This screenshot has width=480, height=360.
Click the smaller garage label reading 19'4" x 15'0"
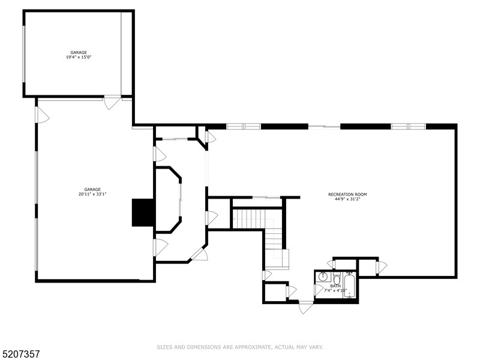click(79, 55)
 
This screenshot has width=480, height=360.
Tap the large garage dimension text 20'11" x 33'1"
click(92, 191)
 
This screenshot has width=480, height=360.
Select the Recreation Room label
click(347, 196)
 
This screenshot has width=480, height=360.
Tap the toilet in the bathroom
click(337, 280)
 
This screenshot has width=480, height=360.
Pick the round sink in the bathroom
click(322, 277)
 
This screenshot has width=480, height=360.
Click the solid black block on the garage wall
click(143, 212)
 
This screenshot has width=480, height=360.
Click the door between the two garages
click(112, 102)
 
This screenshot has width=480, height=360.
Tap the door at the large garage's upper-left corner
click(41, 115)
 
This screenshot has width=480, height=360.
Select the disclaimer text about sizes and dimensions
click(240, 347)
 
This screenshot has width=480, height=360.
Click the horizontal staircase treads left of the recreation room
click(248, 218)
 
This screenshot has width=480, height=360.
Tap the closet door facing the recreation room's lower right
click(381, 267)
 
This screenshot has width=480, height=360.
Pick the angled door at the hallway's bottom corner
click(199, 254)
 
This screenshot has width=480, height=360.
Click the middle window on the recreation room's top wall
click(325, 126)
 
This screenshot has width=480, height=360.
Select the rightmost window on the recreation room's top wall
click(408, 126)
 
